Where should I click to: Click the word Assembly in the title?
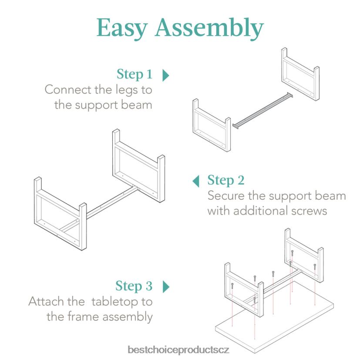coord(209,29)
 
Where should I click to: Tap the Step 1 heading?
coord(135,74)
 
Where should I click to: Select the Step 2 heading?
coord(225,180)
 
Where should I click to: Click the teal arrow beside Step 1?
coord(165,75)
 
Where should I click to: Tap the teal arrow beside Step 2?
coord(196,180)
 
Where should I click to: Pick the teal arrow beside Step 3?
coord(165,286)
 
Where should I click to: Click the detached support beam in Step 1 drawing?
coord(263,111)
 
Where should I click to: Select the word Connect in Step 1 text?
coord(67,90)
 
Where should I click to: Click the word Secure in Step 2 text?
coord(224,195)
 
